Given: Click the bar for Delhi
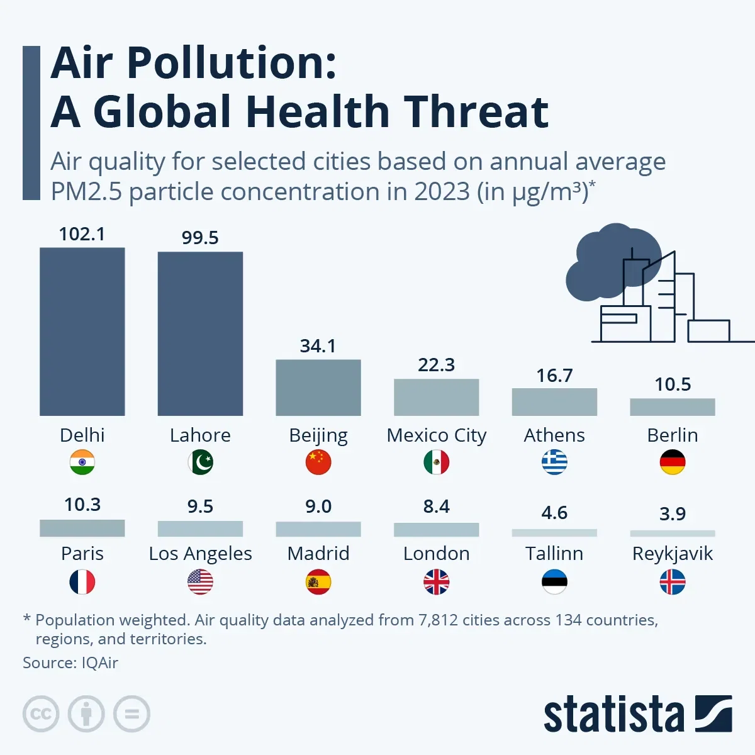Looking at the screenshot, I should click(82, 332).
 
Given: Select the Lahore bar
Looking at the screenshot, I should click(200, 333).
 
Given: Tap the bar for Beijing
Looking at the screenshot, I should click(318, 388).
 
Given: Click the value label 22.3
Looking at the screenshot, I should click(436, 365).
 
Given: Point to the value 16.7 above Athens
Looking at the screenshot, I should click(554, 376).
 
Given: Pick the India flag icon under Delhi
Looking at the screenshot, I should click(82, 462).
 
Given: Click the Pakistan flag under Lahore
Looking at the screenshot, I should click(200, 462).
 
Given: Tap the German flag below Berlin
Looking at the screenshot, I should click(673, 462).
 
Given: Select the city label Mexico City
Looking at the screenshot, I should click(436, 435).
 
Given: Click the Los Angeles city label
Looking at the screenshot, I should click(200, 554).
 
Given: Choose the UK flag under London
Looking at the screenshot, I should click(436, 582).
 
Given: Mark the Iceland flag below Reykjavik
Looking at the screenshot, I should click(673, 582).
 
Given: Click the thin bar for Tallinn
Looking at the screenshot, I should click(554, 533).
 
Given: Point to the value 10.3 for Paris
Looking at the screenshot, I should click(82, 505).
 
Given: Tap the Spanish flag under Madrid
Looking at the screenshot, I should click(318, 582).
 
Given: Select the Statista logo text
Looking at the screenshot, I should click(613, 715).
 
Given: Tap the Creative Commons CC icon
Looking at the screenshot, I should click(41, 714).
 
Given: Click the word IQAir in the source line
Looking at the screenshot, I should click(99, 663).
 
